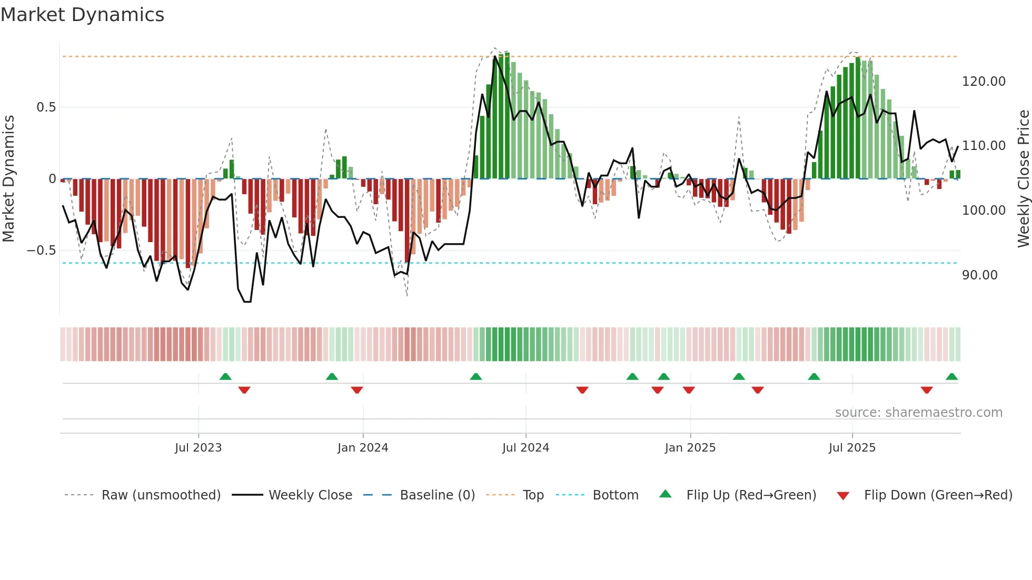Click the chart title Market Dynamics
[x=82, y=15]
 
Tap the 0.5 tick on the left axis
[x=46, y=107]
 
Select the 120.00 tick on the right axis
[x=984, y=82]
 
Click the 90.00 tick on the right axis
[x=979, y=275]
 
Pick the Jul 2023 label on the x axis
[x=198, y=448]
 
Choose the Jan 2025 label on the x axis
[x=690, y=448]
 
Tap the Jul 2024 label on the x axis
[x=525, y=448]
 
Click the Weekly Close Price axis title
[x=1023, y=178]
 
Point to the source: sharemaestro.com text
[x=918, y=413]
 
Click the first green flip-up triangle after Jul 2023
[x=225, y=377]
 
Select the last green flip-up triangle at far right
[x=951, y=377]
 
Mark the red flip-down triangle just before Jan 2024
[x=357, y=390]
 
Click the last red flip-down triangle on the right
[x=927, y=390]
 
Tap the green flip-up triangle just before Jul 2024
[x=475, y=377]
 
